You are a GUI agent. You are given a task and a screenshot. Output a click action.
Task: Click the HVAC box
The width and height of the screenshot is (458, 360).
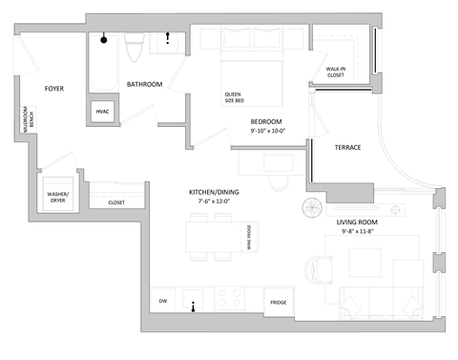point(103,112)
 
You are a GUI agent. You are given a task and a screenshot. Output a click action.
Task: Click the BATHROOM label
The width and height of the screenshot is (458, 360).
point(145,84)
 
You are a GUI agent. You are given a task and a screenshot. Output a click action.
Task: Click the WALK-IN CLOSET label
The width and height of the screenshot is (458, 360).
point(336,73)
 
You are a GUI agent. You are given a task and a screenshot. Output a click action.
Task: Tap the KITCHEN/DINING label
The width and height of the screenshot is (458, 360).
point(214,193)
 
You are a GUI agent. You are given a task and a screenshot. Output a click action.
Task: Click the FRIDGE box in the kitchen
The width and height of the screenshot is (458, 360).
point(278,302)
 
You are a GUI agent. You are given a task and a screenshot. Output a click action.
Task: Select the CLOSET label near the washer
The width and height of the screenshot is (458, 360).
point(115,202)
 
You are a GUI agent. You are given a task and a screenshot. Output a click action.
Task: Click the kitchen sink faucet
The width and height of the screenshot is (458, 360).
point(194,307)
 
